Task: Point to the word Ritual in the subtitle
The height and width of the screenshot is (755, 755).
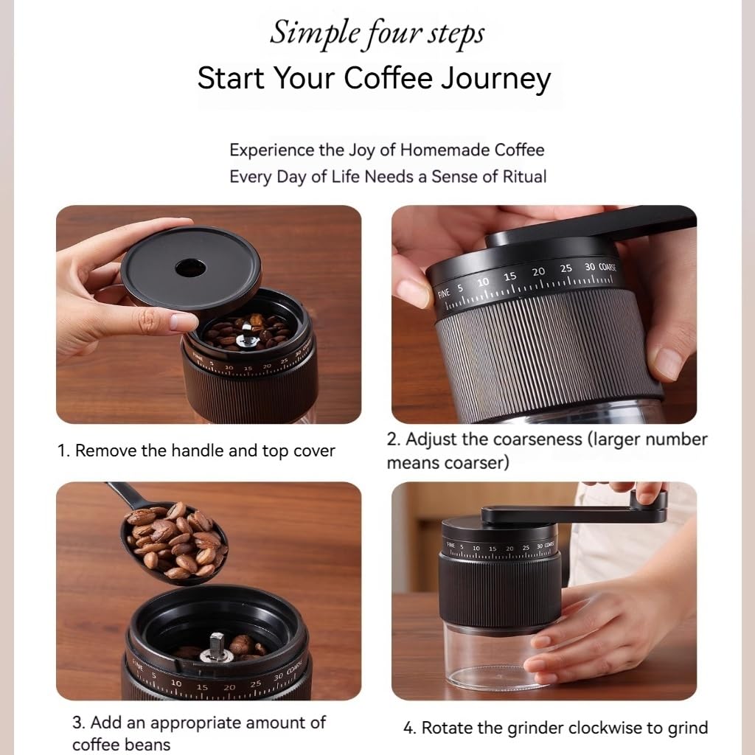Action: tap(523, 177)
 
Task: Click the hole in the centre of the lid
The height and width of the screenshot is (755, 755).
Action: tap(190, 267)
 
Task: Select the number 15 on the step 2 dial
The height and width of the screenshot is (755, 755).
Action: tap(509, 276)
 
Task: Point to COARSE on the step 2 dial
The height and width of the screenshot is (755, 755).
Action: tap(607, 267)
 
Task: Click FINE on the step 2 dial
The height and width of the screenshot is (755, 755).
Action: tap(443, 293)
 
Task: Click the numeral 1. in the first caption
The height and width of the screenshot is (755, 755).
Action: tap(64, 451)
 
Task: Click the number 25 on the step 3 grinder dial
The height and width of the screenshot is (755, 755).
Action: tap(255, 683)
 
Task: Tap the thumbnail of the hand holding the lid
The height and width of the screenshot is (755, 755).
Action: tap(209, 314)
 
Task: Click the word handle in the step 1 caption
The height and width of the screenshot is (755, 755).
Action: tap(199, 451)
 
